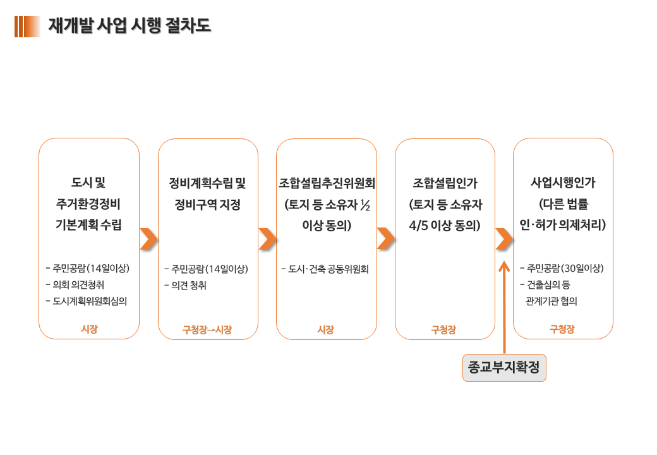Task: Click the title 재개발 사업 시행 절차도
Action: [x=130, y=25]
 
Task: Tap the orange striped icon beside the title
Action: [x=27, y=27]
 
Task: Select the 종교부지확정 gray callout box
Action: [x=504, y=367]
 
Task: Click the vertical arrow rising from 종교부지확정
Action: [x=504, y=308]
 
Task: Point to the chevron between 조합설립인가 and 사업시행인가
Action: [x=504, y=239]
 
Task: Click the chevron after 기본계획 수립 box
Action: [x=148, y=239]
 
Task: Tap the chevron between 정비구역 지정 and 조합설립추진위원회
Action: [x=267, y=239]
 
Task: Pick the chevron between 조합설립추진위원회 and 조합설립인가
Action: [x=386, y=239]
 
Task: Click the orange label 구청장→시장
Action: [x=207, y=330]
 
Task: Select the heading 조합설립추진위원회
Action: [x=327, y=183]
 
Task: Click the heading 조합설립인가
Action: [x=445, y=183]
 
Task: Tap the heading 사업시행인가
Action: [x=563, y=183]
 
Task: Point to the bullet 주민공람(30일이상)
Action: [x=562, y=268]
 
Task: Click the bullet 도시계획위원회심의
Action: [x=87, y=301]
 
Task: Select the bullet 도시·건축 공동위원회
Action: [x=325, y=269]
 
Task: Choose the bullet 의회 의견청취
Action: [x=75, y=285]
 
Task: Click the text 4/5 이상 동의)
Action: [x=445, y=226]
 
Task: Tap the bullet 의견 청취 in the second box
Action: [x=186, y=286]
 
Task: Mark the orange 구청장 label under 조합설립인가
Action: [x=443, y=330]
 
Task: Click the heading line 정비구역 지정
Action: [x=207, y=205]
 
